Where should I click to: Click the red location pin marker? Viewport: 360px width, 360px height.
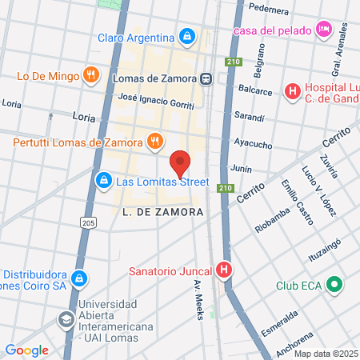[181, 163]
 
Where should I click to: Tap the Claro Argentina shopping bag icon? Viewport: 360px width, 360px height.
[186, 37]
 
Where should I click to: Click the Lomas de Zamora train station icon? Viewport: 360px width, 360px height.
[206, 78]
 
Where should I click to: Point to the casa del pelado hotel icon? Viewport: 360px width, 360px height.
[323, 30]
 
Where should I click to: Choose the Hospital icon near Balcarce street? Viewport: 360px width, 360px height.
[293, 91]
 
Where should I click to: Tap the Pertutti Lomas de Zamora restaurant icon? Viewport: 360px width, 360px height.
[155, 142]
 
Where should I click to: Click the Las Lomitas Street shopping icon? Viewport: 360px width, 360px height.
[103, 182]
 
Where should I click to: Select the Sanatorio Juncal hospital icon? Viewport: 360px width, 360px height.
[225, 270]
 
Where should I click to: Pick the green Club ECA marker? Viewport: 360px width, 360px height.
[334, 285]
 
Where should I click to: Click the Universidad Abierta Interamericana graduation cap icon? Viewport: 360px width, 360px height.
[64, 320]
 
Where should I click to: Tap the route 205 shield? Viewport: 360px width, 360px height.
[87, 222]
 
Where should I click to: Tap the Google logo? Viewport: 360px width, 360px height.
[27, 350]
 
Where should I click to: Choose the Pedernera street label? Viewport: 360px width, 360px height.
[269, 10]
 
